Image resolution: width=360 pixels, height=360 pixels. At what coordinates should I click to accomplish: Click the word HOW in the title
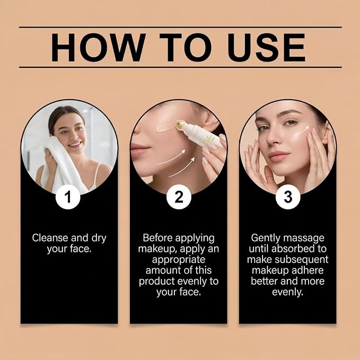[x=98, y=48]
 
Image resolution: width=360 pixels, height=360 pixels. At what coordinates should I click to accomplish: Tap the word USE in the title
[x=266, y=48]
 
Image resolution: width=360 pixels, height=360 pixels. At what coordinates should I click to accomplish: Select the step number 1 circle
[x=68, y=197]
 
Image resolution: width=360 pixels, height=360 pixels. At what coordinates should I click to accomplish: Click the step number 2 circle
[x=179, y=197]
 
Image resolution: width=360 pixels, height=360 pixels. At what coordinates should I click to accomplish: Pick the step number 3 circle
[x=288, y=197]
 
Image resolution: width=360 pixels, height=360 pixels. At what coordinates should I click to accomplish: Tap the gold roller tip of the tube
[x=181, y=126]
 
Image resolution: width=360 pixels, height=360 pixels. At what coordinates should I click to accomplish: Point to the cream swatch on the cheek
[x=164, y=128]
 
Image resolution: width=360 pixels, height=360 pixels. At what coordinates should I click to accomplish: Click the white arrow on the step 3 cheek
[x=302, y=130]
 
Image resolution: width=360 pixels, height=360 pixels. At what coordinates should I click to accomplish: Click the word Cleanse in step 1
[x=50, y=238]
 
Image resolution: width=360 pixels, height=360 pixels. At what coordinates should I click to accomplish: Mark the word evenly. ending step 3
[x=287, y=293]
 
